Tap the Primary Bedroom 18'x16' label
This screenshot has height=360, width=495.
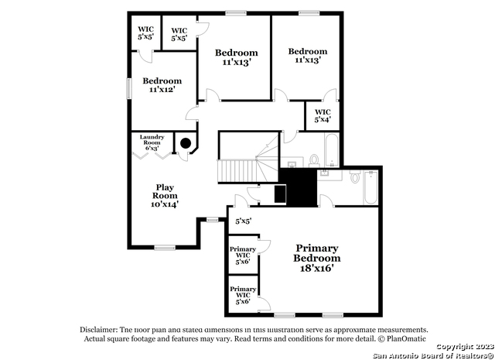pos(317,258)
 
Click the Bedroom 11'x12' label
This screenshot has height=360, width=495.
pos(162,84)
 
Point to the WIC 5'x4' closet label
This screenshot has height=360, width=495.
pos(323,116)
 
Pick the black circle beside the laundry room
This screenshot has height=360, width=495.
pos(186,142)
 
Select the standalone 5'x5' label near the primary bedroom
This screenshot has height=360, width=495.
pos(244,221)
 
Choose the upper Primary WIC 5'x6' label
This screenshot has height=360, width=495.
pos(244,255)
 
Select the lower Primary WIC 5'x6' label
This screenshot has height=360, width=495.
pos(243,295)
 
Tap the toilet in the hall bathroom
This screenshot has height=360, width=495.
pos(314,159)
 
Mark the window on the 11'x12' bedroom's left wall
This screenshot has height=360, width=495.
pos(129,87)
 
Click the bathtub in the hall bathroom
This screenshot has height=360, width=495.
pos(331,150)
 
